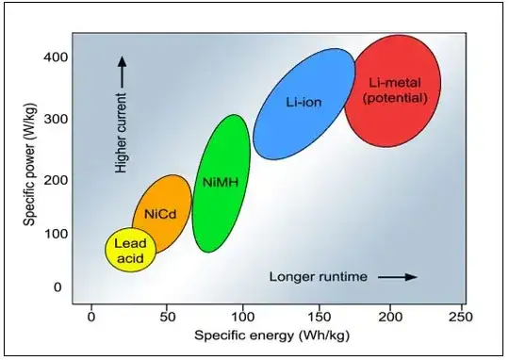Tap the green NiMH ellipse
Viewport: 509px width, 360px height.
point(221,183)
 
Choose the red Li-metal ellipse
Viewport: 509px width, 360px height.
point(393,90)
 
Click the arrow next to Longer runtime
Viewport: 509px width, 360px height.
point(398,277)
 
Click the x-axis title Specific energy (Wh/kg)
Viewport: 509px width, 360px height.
point(266,335)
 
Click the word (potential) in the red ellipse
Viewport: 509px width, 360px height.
point(394,98)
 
